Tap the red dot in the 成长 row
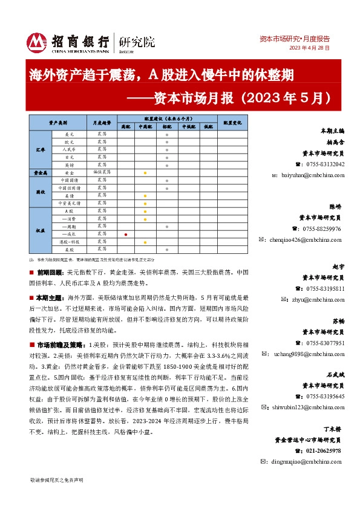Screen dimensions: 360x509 125,233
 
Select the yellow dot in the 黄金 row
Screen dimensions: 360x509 145,173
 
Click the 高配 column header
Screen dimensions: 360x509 125,127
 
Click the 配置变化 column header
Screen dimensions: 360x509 232,123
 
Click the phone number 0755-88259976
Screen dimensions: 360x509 321,229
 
